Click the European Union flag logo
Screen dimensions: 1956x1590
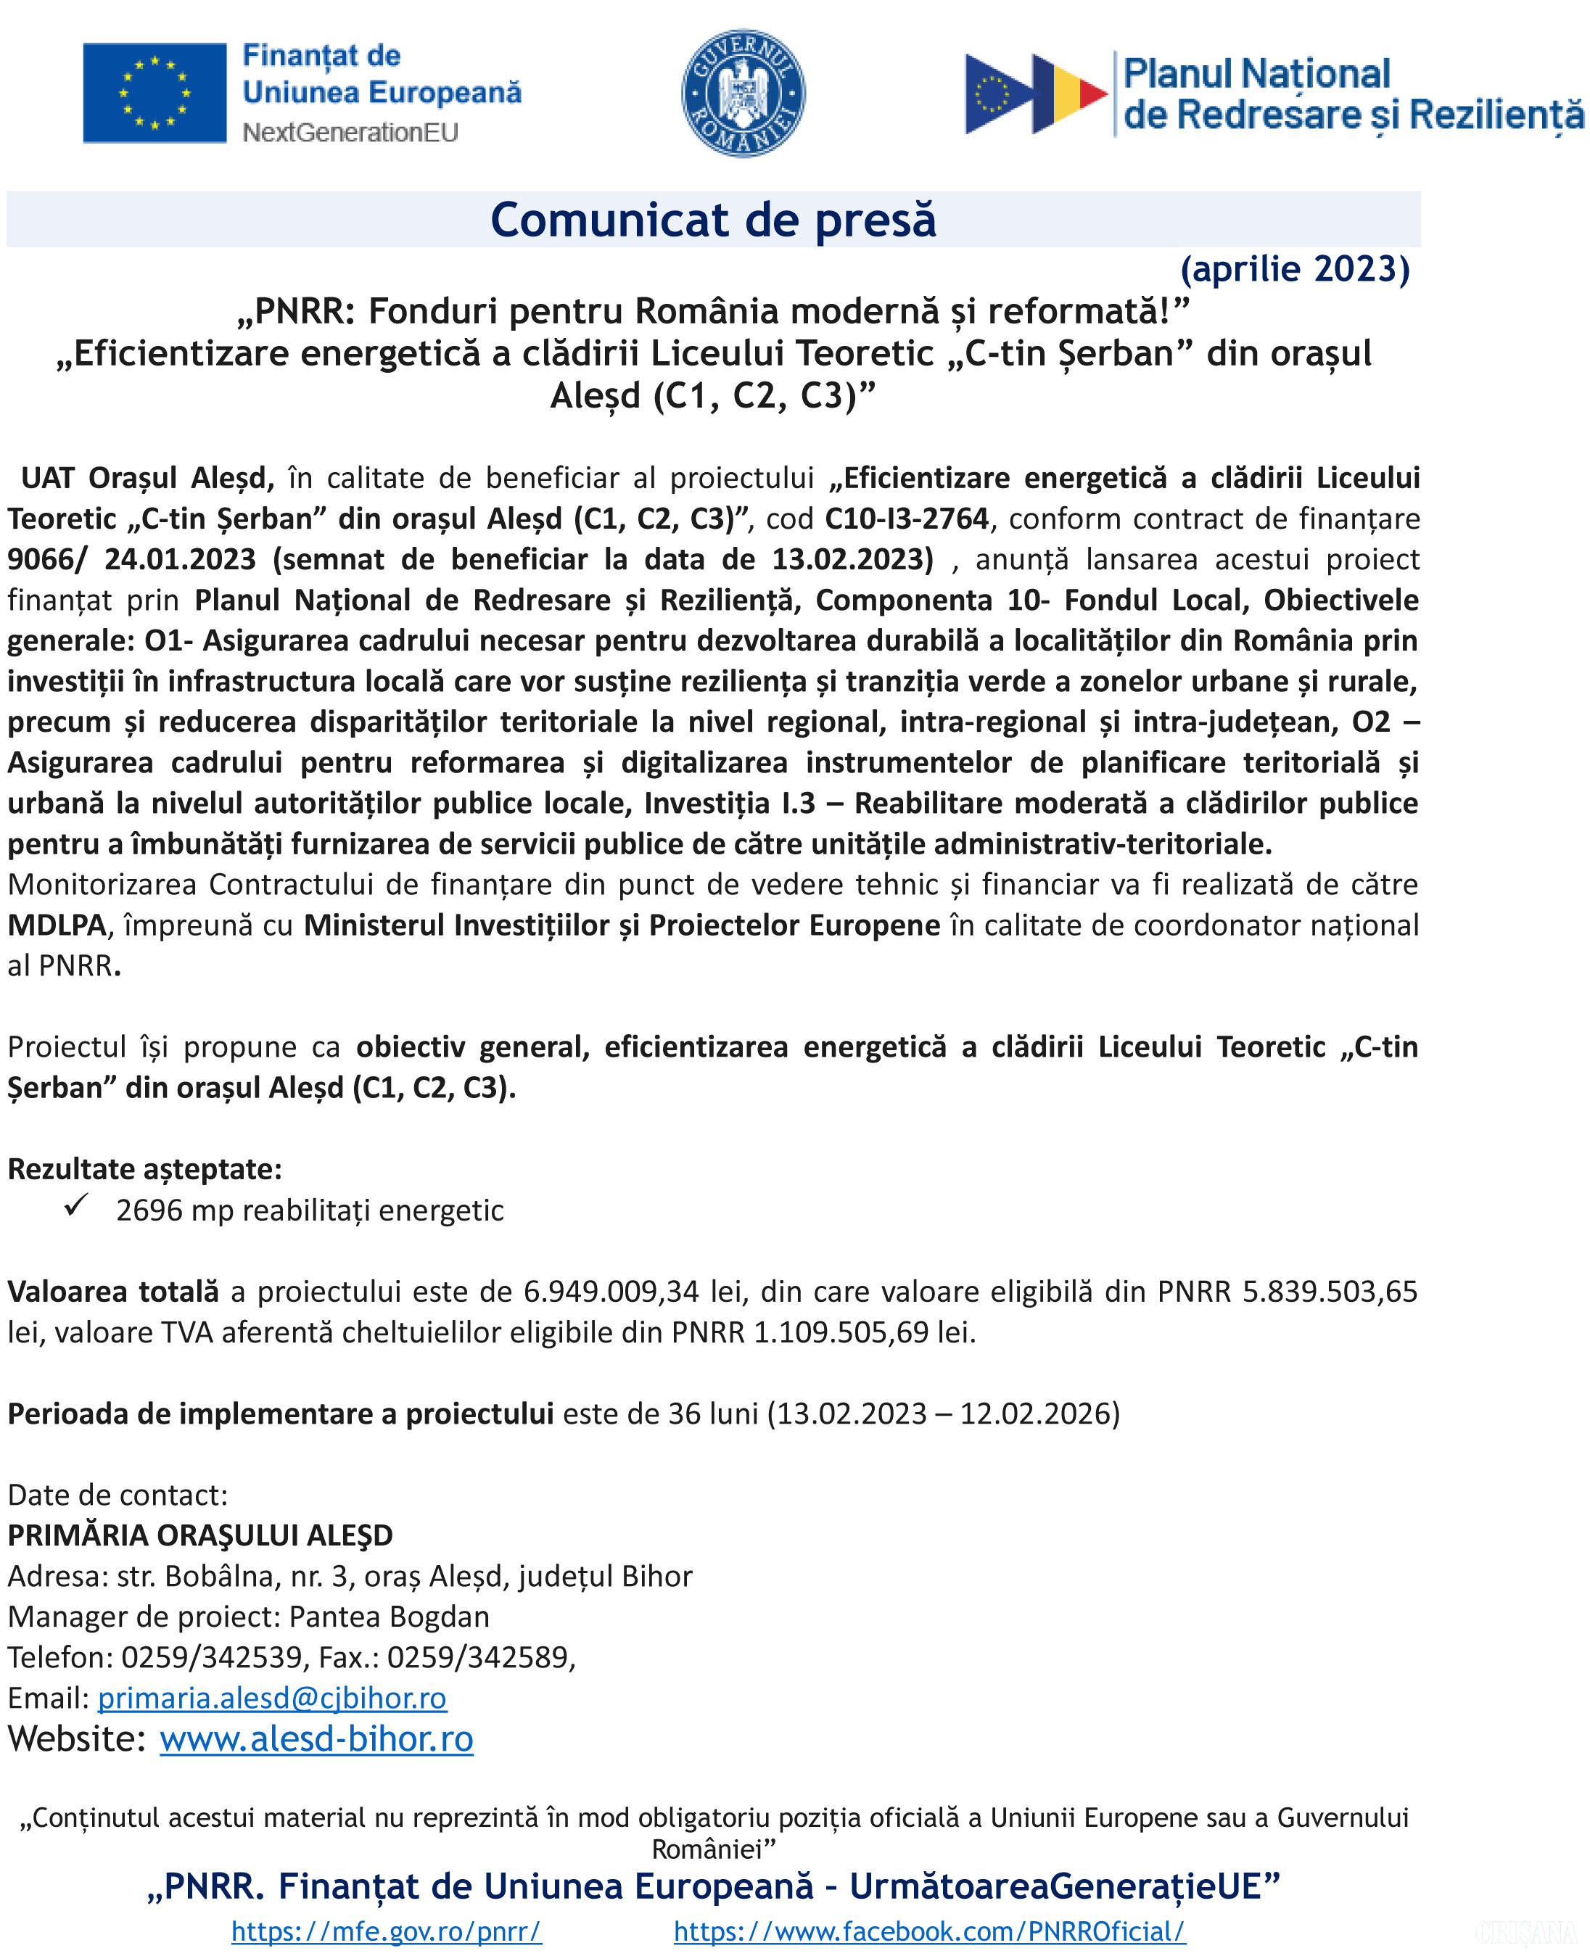[154, 93]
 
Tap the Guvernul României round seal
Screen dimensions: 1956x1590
[743, 93]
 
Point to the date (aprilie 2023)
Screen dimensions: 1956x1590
[1294, 268]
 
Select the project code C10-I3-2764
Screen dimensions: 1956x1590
[907, 519]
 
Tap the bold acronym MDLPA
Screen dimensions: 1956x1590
[57, 925]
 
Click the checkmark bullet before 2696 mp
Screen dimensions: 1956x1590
[76, 1205]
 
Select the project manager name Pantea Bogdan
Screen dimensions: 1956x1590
[390, 1617]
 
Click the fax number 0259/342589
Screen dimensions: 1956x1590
[477, 1657]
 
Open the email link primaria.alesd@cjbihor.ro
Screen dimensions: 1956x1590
[272, 1699]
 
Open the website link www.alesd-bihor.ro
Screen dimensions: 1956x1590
[316, 1740]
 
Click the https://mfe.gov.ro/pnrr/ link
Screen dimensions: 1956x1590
[387, 1931]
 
